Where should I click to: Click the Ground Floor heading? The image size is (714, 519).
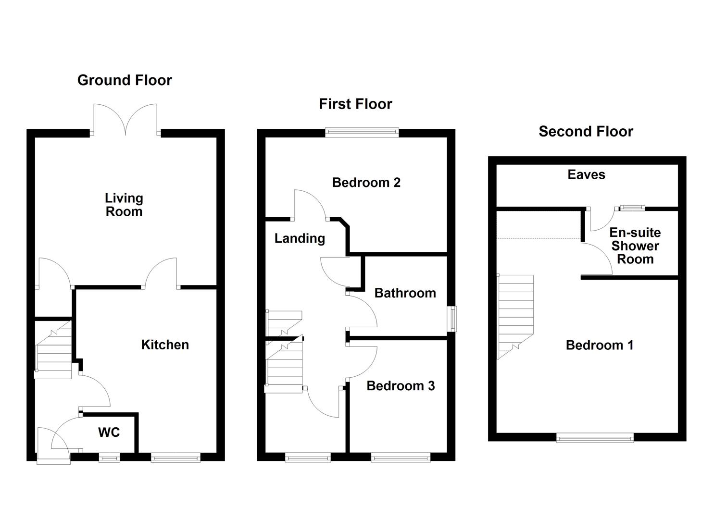125,80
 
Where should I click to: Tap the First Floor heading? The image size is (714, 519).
355,104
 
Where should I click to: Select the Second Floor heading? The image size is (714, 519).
586,131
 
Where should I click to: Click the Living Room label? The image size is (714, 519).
124,205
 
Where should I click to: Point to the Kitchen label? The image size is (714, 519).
165,345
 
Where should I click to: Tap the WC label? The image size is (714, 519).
109,432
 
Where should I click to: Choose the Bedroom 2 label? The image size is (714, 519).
366,183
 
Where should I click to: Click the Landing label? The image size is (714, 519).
300,238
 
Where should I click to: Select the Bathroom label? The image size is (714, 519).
405,293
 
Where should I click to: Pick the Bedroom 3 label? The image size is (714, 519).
401,386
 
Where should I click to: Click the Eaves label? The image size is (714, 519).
586,174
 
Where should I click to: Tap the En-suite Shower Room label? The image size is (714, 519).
635,246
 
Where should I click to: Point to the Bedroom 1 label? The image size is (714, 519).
599,345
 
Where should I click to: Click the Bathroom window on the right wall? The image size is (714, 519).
452,319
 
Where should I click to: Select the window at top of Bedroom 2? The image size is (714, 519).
362,132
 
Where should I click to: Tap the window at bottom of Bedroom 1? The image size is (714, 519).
595,437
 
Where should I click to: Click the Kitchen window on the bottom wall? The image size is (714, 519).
175,457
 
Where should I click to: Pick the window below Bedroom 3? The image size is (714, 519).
401,457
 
